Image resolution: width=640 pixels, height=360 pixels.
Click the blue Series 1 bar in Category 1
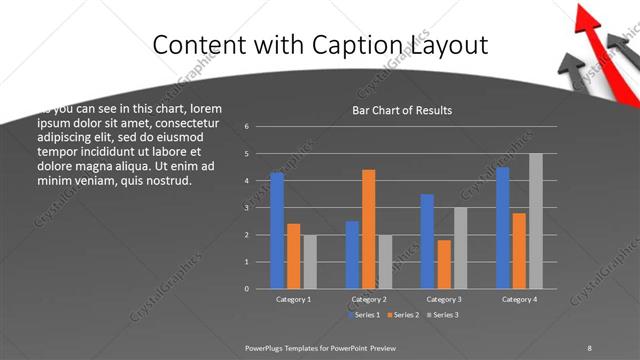point(277,231)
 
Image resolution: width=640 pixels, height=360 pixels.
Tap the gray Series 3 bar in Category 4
point(536,221)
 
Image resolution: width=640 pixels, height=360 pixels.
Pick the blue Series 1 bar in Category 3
point(427,241)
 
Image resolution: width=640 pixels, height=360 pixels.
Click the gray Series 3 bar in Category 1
point(310,262)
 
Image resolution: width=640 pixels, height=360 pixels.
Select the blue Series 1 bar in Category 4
point(502,228)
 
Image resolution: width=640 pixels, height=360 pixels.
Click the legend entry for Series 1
point(366,315)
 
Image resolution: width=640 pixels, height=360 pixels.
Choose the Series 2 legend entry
point(403,315)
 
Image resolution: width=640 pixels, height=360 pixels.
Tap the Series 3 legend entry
point(441,315)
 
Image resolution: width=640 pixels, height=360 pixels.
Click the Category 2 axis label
point(369,299)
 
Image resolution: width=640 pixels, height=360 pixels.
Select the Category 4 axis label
point(519,299)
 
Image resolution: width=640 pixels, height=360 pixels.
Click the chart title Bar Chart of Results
point(402,110)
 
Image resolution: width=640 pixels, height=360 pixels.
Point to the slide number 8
point(589,347)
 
